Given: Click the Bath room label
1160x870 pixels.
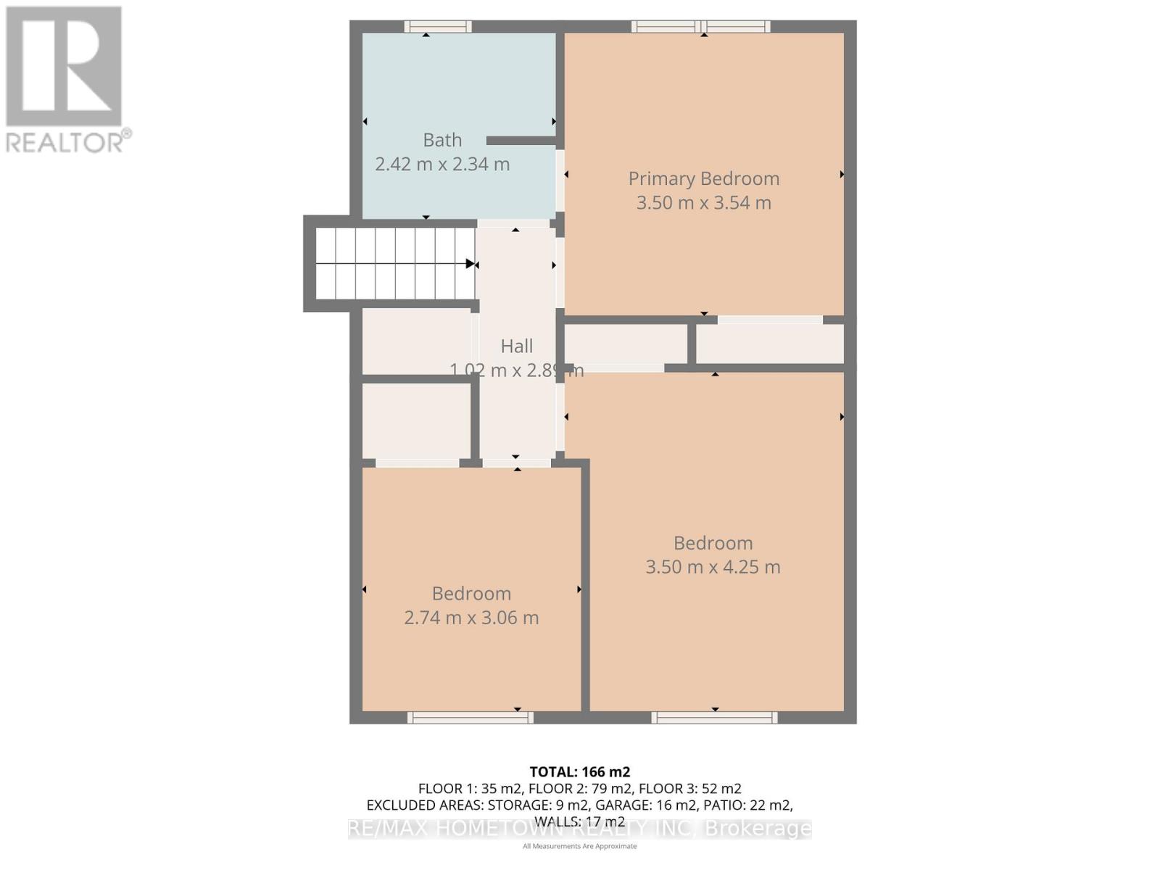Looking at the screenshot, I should [442, 140].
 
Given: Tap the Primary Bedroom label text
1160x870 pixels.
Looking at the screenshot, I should [703, 178].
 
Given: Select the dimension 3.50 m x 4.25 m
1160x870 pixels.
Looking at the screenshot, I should [713, 567].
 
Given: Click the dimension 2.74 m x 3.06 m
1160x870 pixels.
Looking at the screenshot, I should [471, 618].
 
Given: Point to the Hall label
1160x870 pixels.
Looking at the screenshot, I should [516, 347].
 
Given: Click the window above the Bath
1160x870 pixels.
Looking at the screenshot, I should [438, 27].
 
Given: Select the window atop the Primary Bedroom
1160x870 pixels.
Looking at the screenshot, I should [700, 27].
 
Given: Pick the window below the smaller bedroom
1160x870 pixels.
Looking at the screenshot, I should [470, 718].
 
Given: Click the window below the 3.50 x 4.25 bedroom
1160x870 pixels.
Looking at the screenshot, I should [714, 718].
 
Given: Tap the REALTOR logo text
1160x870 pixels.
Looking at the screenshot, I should [69, 141].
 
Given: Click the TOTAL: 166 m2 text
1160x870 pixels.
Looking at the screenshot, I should [579, 772].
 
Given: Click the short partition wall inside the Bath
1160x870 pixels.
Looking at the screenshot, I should [521, 141].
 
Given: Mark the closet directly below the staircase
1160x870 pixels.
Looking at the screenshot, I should [416, 341].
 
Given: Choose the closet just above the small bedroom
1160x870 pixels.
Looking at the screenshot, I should [416, 421].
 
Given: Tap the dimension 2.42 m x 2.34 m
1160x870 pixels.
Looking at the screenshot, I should [442, 165].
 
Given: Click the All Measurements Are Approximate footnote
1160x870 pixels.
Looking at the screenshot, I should [579, 846].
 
